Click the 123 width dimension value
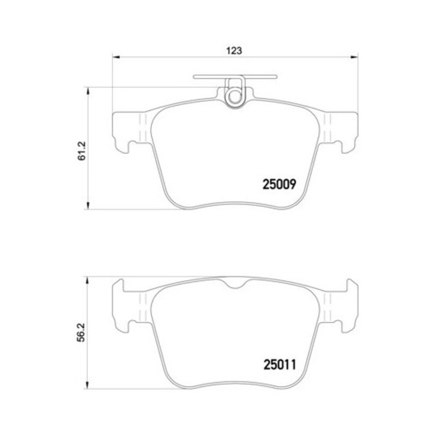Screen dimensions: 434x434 pyautogui.click(x=234, y=51)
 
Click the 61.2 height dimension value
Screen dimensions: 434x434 pyautogui.click(x=82, y=151)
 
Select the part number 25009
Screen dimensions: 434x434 pyautogui.click(x=279, y=184)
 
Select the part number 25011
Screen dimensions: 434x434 pyautogui.click(x=280, y=365)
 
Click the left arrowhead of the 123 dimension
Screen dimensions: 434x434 pyautogui.click(x=116, y=57)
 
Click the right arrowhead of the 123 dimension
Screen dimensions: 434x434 pyautogui.click(x=354, y=57)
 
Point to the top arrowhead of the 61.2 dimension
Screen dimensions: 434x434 pyautogui.click(x=88, y=91)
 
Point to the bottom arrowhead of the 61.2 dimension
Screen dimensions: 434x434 pyautogui.click(x=88, y=206)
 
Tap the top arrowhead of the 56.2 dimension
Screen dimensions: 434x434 pyautogui.click(x=88, y=280)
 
